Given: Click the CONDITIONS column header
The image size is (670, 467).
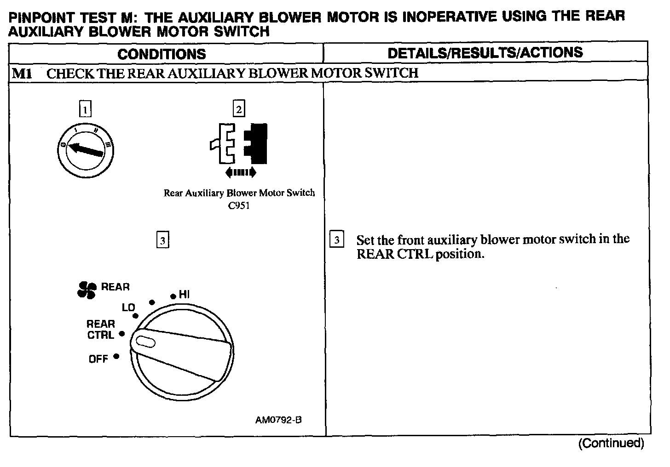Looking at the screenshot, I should click(162, 54).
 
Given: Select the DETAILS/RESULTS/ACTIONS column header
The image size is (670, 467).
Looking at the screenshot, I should click(485, 53).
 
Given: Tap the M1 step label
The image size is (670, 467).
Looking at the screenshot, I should click(22, 73).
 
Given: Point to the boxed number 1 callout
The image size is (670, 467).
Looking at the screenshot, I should click(86, 109).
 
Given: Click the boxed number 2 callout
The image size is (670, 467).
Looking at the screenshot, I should click(239, 109).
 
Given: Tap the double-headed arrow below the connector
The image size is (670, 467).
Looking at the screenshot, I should click(240, 172).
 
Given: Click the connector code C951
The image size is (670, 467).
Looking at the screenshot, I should click(239, 205).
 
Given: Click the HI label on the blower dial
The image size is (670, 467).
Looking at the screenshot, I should click(184, 295).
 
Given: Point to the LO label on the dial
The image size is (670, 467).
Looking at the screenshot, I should click(128, 308).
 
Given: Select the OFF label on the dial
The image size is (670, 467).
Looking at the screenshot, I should click(98, 359).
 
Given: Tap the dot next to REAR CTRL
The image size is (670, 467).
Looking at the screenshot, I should click(122, 334).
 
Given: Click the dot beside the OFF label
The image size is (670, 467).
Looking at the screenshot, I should click(116, 356).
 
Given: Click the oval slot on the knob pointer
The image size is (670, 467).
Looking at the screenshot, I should click(144, 342).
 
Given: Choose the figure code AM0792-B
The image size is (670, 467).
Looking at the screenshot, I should click(278, 420).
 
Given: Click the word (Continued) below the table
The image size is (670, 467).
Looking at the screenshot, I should click(611, 443).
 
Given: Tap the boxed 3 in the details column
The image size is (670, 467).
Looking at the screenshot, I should click(337, 240).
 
